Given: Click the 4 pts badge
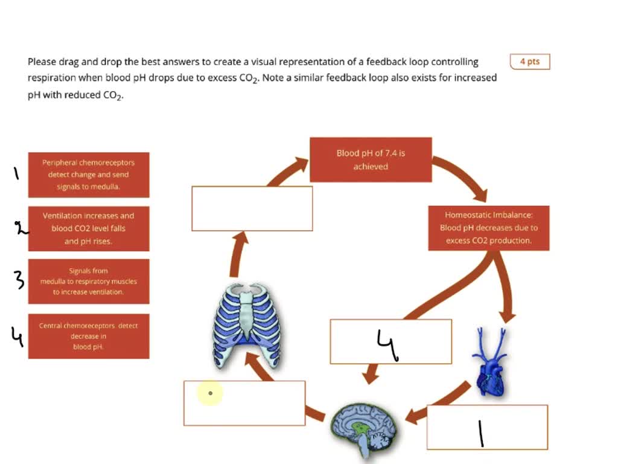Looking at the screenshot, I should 529,62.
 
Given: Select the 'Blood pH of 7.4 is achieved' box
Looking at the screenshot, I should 371,159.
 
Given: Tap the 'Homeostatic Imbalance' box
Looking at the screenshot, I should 488,227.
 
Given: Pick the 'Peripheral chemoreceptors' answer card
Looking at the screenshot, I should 88,175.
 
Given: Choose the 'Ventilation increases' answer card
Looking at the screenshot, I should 88,228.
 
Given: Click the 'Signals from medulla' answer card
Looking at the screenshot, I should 88,282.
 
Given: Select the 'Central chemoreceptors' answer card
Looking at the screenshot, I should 88,336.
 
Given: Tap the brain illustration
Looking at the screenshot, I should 365,431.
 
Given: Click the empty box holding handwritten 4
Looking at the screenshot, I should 390,341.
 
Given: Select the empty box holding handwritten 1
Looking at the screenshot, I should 487,427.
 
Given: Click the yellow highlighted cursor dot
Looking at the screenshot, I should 210,393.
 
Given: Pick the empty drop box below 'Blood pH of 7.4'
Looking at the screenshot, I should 252,208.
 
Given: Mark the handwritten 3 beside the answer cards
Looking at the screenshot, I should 19,280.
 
